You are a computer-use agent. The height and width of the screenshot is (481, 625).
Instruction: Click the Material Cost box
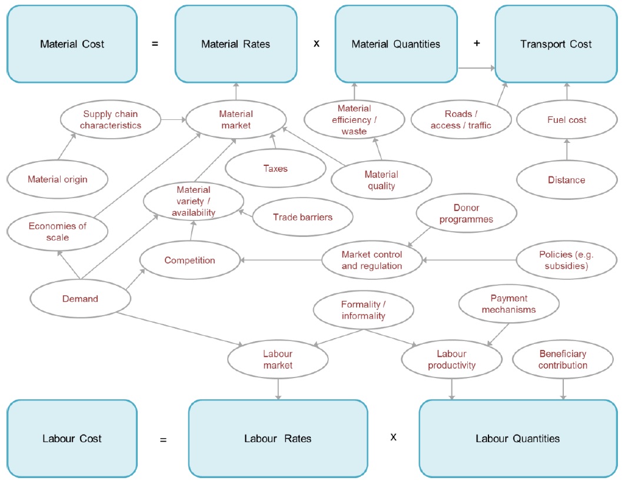71,44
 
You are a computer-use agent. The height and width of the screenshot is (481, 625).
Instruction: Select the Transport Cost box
557,44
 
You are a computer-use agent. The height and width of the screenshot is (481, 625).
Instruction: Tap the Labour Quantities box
517,439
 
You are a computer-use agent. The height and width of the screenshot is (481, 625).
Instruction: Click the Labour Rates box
278,439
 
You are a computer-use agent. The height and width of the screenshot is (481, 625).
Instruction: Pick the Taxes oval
275,169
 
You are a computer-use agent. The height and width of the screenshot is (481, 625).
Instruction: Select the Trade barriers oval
302,217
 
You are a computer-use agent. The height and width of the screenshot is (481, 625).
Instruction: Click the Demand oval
80,299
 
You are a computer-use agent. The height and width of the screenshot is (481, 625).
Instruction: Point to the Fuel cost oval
567,120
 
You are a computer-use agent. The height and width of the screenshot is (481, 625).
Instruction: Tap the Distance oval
567,180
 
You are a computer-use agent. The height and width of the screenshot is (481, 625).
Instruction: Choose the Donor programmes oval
467,213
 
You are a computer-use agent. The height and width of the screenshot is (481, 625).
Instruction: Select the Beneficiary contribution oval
563,359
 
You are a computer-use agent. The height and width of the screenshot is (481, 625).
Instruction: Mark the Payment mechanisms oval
508,304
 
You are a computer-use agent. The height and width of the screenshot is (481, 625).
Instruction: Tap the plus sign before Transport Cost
477,44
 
